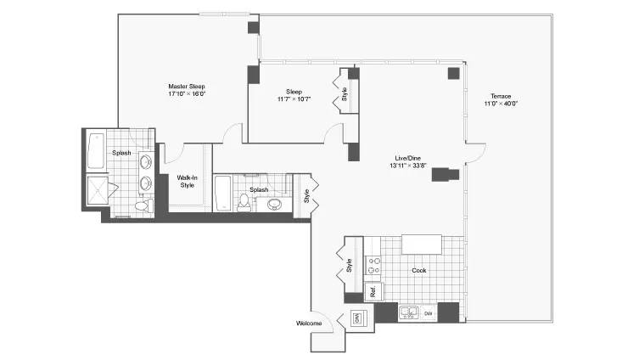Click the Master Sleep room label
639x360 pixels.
(x=187, y=87)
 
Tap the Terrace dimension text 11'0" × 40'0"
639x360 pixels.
(x=501, y=104)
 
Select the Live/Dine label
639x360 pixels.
(x=407, y=158)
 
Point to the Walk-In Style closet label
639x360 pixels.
(x=187, y=182)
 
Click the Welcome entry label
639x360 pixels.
(x=309, y=323)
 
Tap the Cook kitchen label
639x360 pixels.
(x=419, y=270)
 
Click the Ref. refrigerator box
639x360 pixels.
(x=373, y=291)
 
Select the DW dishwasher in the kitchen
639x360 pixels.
(x=429, y=313)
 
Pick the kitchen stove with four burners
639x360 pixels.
(x=373, y=266)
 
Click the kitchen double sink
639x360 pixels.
(x=409, y=312)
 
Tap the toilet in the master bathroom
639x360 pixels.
(x=144, y=205)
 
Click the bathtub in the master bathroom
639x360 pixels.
(x=96, y=150)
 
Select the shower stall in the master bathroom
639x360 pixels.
(x=98, y=189)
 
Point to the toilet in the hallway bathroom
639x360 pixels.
(x=244, y=203)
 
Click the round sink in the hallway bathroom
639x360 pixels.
(x=275, y=205)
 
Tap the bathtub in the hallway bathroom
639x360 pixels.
(x=222, y=194)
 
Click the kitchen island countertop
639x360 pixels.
(x=422, y=245)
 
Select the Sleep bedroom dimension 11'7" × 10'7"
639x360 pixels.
(x=294, y=99)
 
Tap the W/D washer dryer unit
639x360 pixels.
(x=356, y=318)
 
